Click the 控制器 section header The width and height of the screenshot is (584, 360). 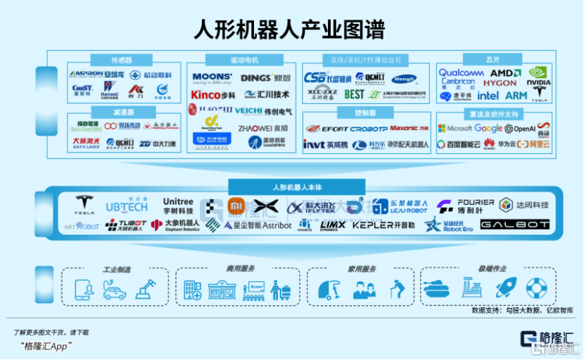coord(355,112)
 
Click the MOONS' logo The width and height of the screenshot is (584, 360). coord(212,77)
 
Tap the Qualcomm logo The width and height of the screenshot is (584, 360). coord(462,72)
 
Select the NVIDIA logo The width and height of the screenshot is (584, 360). coord(538,75)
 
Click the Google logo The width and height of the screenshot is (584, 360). coord(488,129)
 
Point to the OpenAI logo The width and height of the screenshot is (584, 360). coord(520,129)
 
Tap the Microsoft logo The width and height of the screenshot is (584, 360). coord(455,129)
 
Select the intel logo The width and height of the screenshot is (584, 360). coord(488,95)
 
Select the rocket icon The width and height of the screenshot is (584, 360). coord(504,287)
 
